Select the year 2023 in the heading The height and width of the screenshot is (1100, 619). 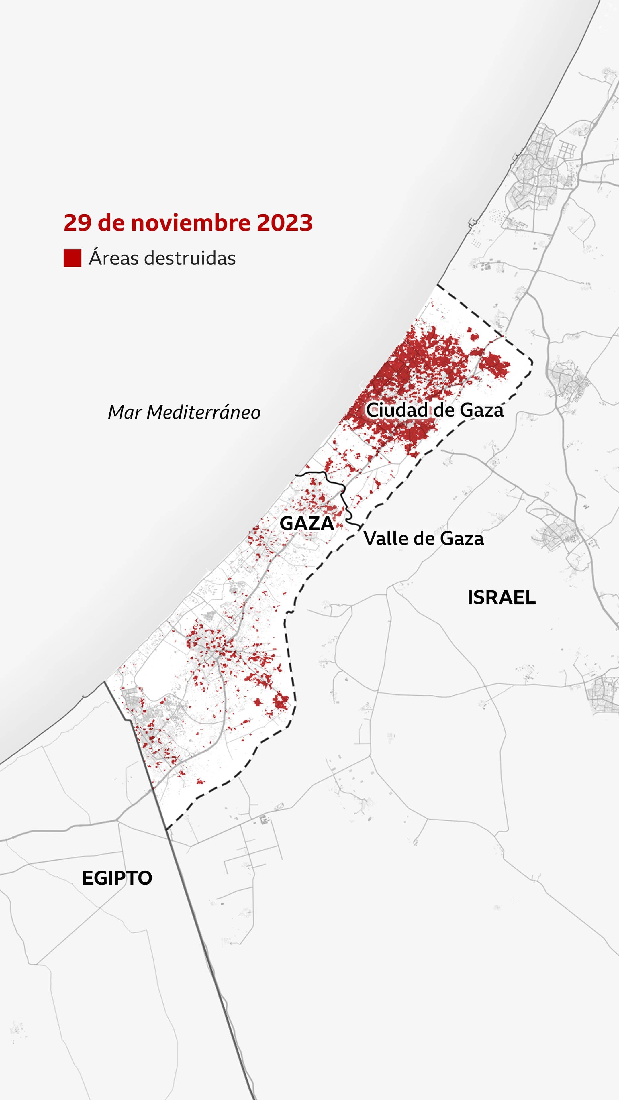[x=285, y=223]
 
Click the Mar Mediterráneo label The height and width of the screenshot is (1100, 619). [x=184, y=412]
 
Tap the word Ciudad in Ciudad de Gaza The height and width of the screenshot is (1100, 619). [x=397, y=410]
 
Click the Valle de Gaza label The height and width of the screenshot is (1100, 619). [x=423, y=539]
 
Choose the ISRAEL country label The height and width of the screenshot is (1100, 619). [x=502, y=597]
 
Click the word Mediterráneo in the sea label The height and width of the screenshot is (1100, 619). [x=203, y=412]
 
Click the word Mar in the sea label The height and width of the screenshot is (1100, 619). [x=124, y=412]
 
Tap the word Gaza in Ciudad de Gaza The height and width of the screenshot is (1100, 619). [x=482, y=410]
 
